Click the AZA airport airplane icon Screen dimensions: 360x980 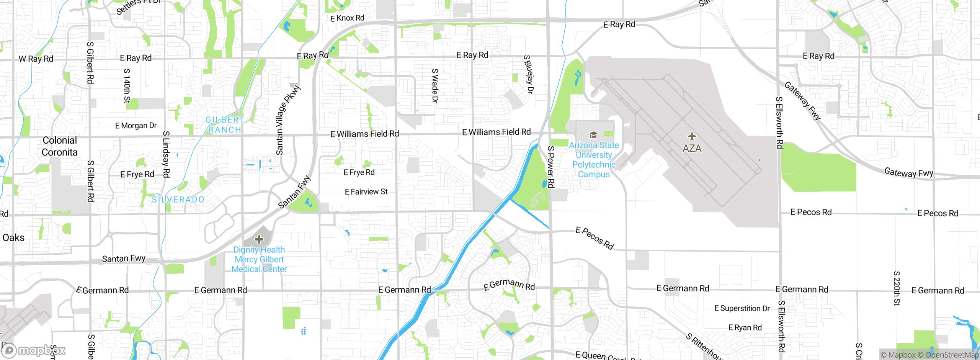692,136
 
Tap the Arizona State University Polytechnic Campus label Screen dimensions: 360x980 594,160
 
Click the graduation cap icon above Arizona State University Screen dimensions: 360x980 593,135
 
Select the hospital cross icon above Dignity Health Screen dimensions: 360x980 259,239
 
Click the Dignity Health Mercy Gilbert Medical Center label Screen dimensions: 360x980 259,259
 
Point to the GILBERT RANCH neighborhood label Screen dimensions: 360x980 225,125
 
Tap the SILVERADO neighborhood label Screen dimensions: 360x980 178,200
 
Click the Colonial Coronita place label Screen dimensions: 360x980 60,146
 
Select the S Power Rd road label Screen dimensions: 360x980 551,167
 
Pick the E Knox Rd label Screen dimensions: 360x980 347,18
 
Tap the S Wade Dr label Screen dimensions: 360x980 435,86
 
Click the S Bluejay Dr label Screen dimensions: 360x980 528,74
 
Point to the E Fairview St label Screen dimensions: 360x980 366,191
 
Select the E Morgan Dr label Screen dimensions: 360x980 136,126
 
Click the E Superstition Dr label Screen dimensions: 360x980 742,308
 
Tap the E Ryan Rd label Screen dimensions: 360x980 745,327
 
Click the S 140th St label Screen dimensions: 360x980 127,86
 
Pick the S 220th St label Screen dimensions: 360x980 897,288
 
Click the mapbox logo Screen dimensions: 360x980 34,350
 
